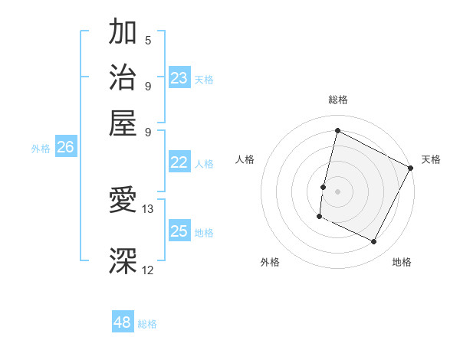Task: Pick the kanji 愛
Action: coord(123,201)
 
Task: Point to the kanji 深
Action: coord(123,261)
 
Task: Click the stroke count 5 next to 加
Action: coord(147,40)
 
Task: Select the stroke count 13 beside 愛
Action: coord(148,208)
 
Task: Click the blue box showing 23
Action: coord(179,78)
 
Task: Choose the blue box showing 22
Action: coord(179,162)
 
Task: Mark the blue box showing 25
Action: coord(179,231)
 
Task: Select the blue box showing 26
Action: coord(65,148)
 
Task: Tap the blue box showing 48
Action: coord(123,322)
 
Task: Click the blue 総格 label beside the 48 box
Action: coord(147,324)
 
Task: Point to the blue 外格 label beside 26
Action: coord(41,149)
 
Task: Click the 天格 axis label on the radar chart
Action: coord(431,159)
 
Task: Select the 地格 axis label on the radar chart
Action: coord(402,262)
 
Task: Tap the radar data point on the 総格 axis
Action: coord(337,130)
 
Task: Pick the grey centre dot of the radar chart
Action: coord(337,190)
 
